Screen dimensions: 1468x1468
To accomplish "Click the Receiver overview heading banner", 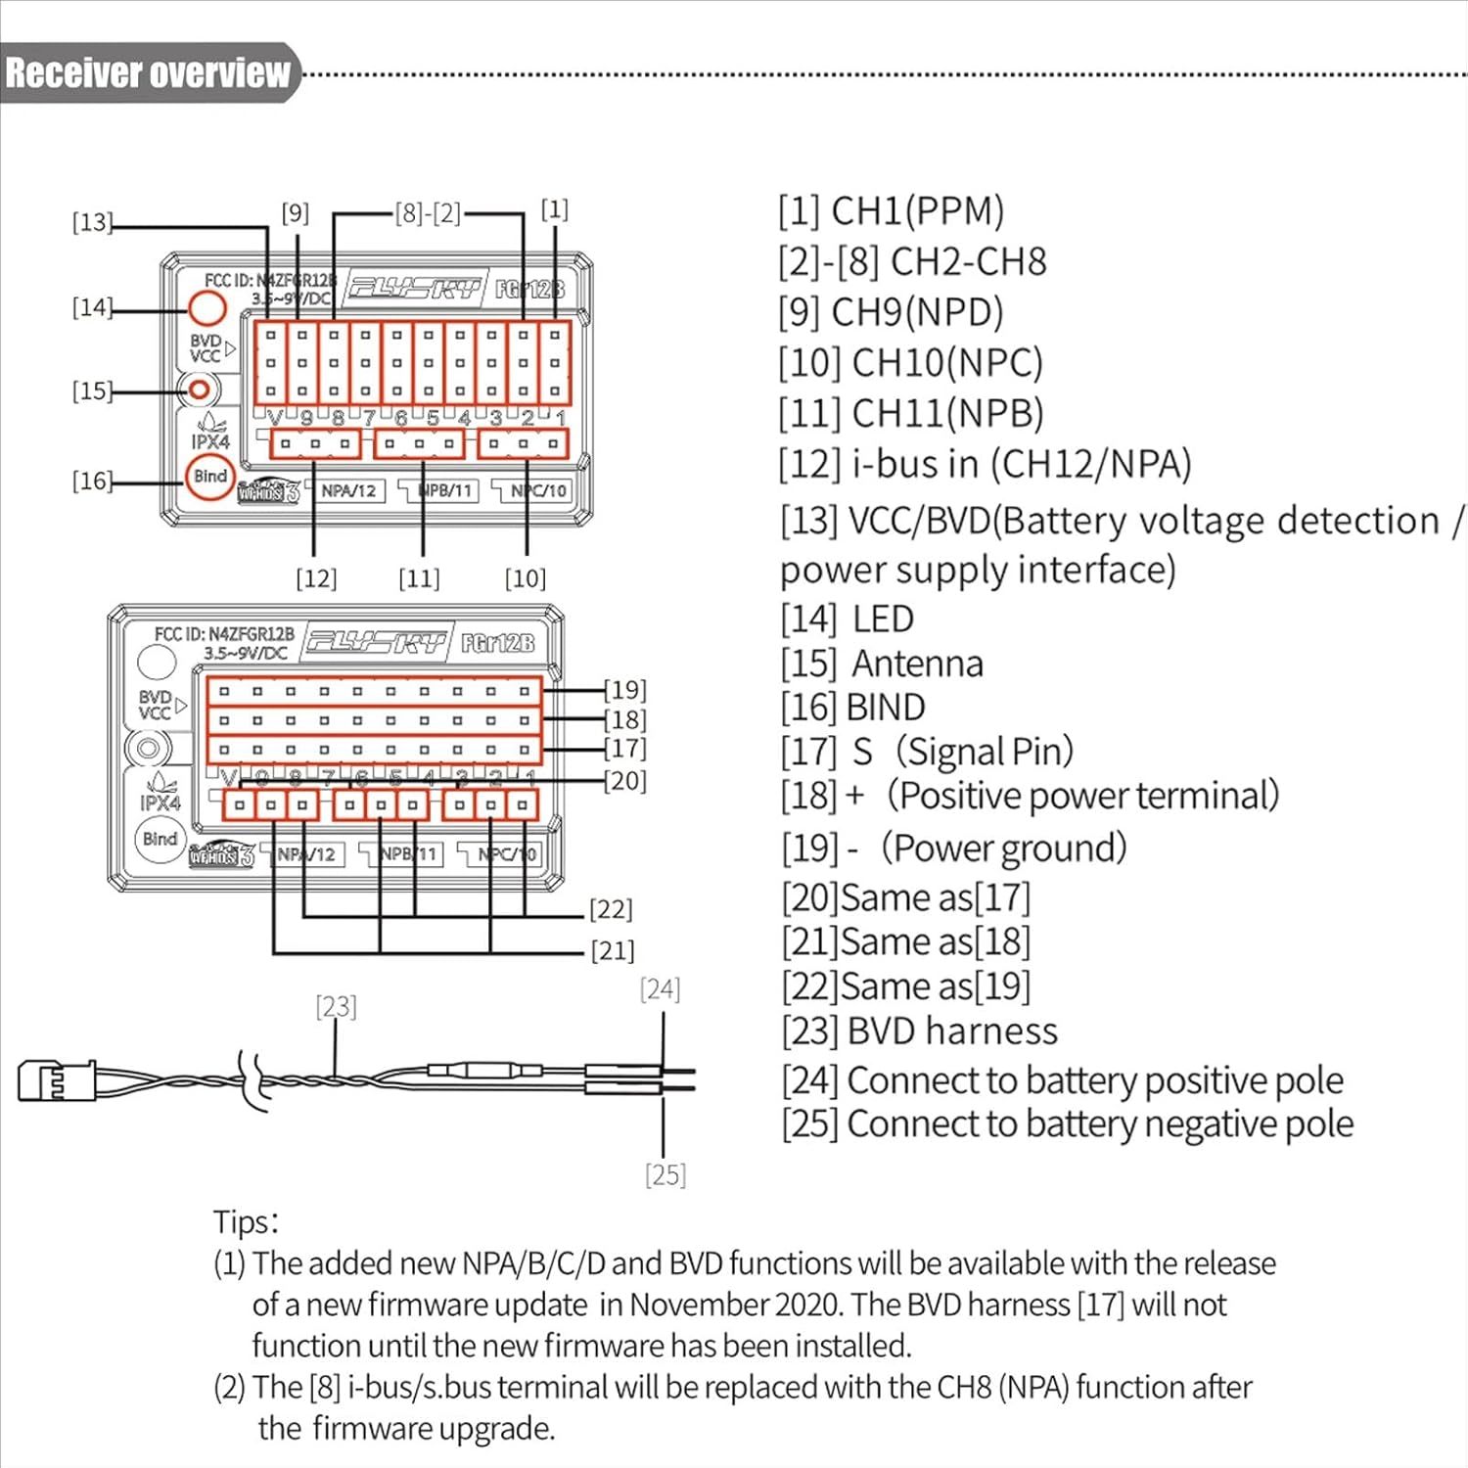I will (149, 73).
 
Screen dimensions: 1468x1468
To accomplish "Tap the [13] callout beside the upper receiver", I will (92, 222).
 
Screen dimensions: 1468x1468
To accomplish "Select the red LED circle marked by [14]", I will (206, 308).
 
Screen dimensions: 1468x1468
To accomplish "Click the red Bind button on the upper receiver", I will (209, 478).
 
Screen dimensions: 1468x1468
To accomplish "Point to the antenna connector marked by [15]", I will (200, 390).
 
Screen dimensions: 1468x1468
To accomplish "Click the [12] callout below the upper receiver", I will (316, 578).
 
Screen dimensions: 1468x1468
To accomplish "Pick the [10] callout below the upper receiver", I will (526, 578).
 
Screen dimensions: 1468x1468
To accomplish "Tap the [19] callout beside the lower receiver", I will (625, 690).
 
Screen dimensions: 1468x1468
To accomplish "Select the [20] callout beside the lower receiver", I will (625, 781).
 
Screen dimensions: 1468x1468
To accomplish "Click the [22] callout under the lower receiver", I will (611, 909).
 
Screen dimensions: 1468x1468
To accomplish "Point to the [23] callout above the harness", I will (336, 1006).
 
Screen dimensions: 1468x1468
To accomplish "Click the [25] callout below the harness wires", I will (665, 1174).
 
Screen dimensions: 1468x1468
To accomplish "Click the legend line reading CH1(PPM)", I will (892, 211).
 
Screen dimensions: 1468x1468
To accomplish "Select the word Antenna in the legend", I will (917, 664).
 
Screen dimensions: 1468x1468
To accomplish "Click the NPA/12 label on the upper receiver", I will (348, 490).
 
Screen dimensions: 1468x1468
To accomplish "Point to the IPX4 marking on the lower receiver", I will (161, 803).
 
